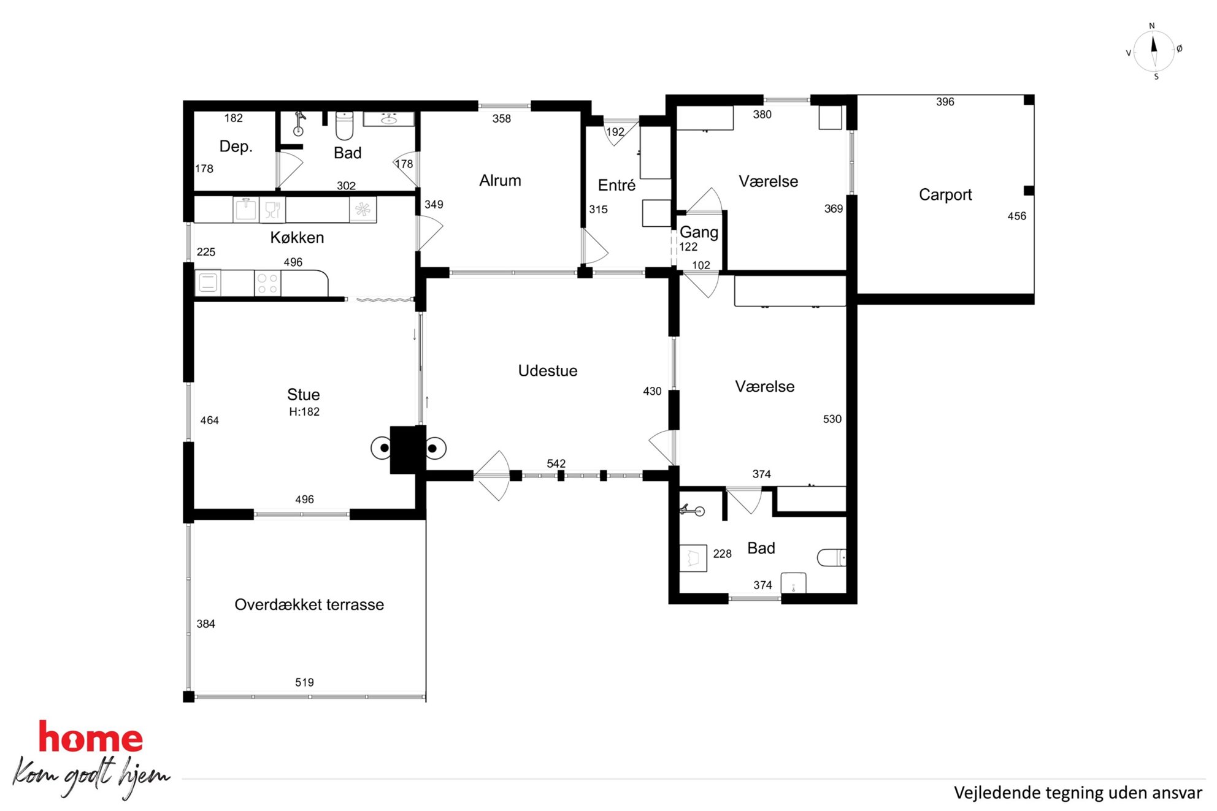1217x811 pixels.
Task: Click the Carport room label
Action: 945,195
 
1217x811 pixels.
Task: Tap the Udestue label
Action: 548,371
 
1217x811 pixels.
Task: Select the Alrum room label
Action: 500,181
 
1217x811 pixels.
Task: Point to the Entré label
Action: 616,185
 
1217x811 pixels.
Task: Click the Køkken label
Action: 297,238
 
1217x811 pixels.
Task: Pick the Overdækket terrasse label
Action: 309,605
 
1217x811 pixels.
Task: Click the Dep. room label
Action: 236,147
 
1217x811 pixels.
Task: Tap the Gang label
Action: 699,232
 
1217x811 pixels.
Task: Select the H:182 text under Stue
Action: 304,412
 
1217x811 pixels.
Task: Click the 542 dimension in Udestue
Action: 556,464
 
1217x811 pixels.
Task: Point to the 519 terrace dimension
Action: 304,682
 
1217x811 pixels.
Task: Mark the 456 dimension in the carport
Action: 1016,216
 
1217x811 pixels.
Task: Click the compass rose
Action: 1154,51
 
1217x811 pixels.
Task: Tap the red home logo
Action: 91,737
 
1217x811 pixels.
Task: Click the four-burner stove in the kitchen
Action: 267,283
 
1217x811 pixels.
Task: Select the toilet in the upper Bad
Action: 344,126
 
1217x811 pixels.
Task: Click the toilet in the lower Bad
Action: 832,557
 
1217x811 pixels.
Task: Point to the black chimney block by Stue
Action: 407,449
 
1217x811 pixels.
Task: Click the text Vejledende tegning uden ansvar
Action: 1078,793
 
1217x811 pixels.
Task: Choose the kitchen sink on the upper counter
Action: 246,210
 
